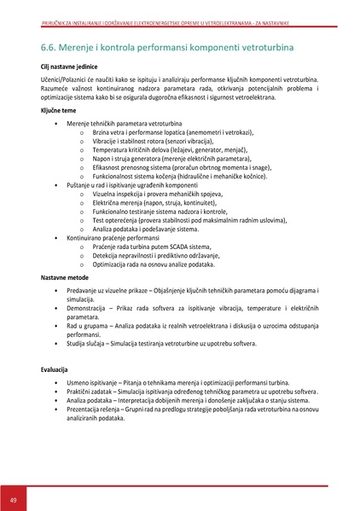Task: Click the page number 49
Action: (x=14, y=499)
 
